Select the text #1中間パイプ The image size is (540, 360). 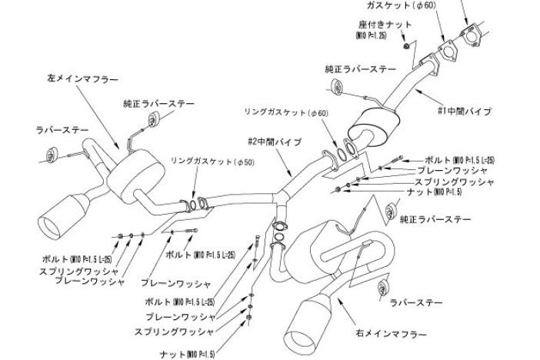point(464,111)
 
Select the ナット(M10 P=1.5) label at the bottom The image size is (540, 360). point(188,353)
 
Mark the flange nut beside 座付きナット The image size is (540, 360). point(406,48)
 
